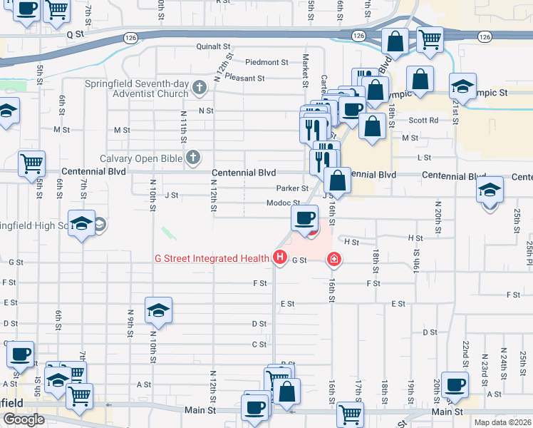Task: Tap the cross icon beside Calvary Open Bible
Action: coord(193,158)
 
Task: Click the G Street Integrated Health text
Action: coord(212,258)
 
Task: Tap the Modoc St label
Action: coord(283,203)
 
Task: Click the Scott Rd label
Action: coord(423,121)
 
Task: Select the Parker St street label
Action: coord(292,188)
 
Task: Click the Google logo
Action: coord(24,419)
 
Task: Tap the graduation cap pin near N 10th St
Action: coord(158,310)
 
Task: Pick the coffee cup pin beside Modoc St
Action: coord(305,218)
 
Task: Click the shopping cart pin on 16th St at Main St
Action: coord(350,414)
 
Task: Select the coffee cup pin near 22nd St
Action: coord(454,385)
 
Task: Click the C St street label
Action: coord(259,344)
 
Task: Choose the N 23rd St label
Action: coord(485,365)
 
